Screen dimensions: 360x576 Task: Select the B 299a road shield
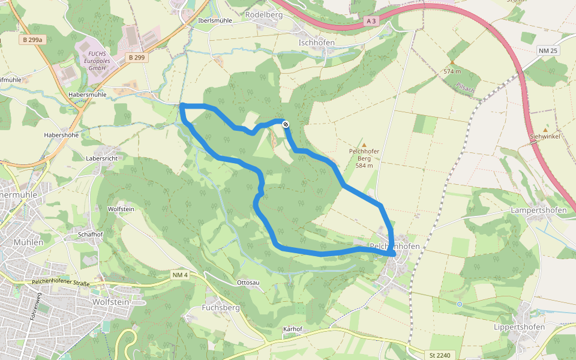coord(32,40)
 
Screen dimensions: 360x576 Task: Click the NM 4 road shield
coord(180,275)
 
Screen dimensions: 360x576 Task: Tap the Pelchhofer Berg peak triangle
coord(364,145)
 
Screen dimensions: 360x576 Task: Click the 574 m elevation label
coord(452,71)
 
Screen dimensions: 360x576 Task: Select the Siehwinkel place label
coord(545,137)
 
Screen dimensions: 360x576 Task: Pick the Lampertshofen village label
coord(538,211)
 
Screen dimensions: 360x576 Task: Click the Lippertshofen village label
coord(519,327)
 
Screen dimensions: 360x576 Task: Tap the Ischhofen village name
coord(316,43)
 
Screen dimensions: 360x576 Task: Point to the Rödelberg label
coord(264,14)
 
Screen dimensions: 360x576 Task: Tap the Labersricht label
coord(102,158)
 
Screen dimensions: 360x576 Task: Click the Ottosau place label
coord(249,282)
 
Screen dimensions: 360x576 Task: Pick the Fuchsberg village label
coord(221,308)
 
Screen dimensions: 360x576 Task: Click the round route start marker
coord(286,124)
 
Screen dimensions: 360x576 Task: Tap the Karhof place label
coord(292,329)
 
